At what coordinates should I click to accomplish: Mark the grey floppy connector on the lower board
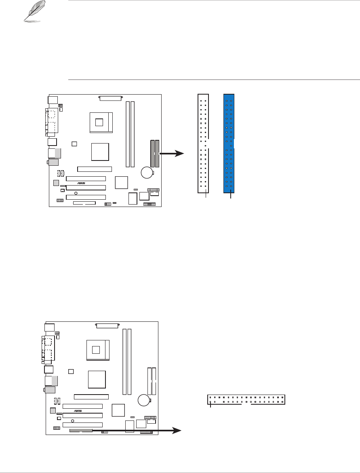point(81,431)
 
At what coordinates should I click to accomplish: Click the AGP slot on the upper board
point(95,169)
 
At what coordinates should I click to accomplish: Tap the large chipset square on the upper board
point(101,152)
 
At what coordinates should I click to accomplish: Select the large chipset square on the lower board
point(97,379)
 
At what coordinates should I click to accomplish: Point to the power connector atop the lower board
point(107,325)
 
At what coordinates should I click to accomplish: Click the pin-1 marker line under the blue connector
point(231,197)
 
